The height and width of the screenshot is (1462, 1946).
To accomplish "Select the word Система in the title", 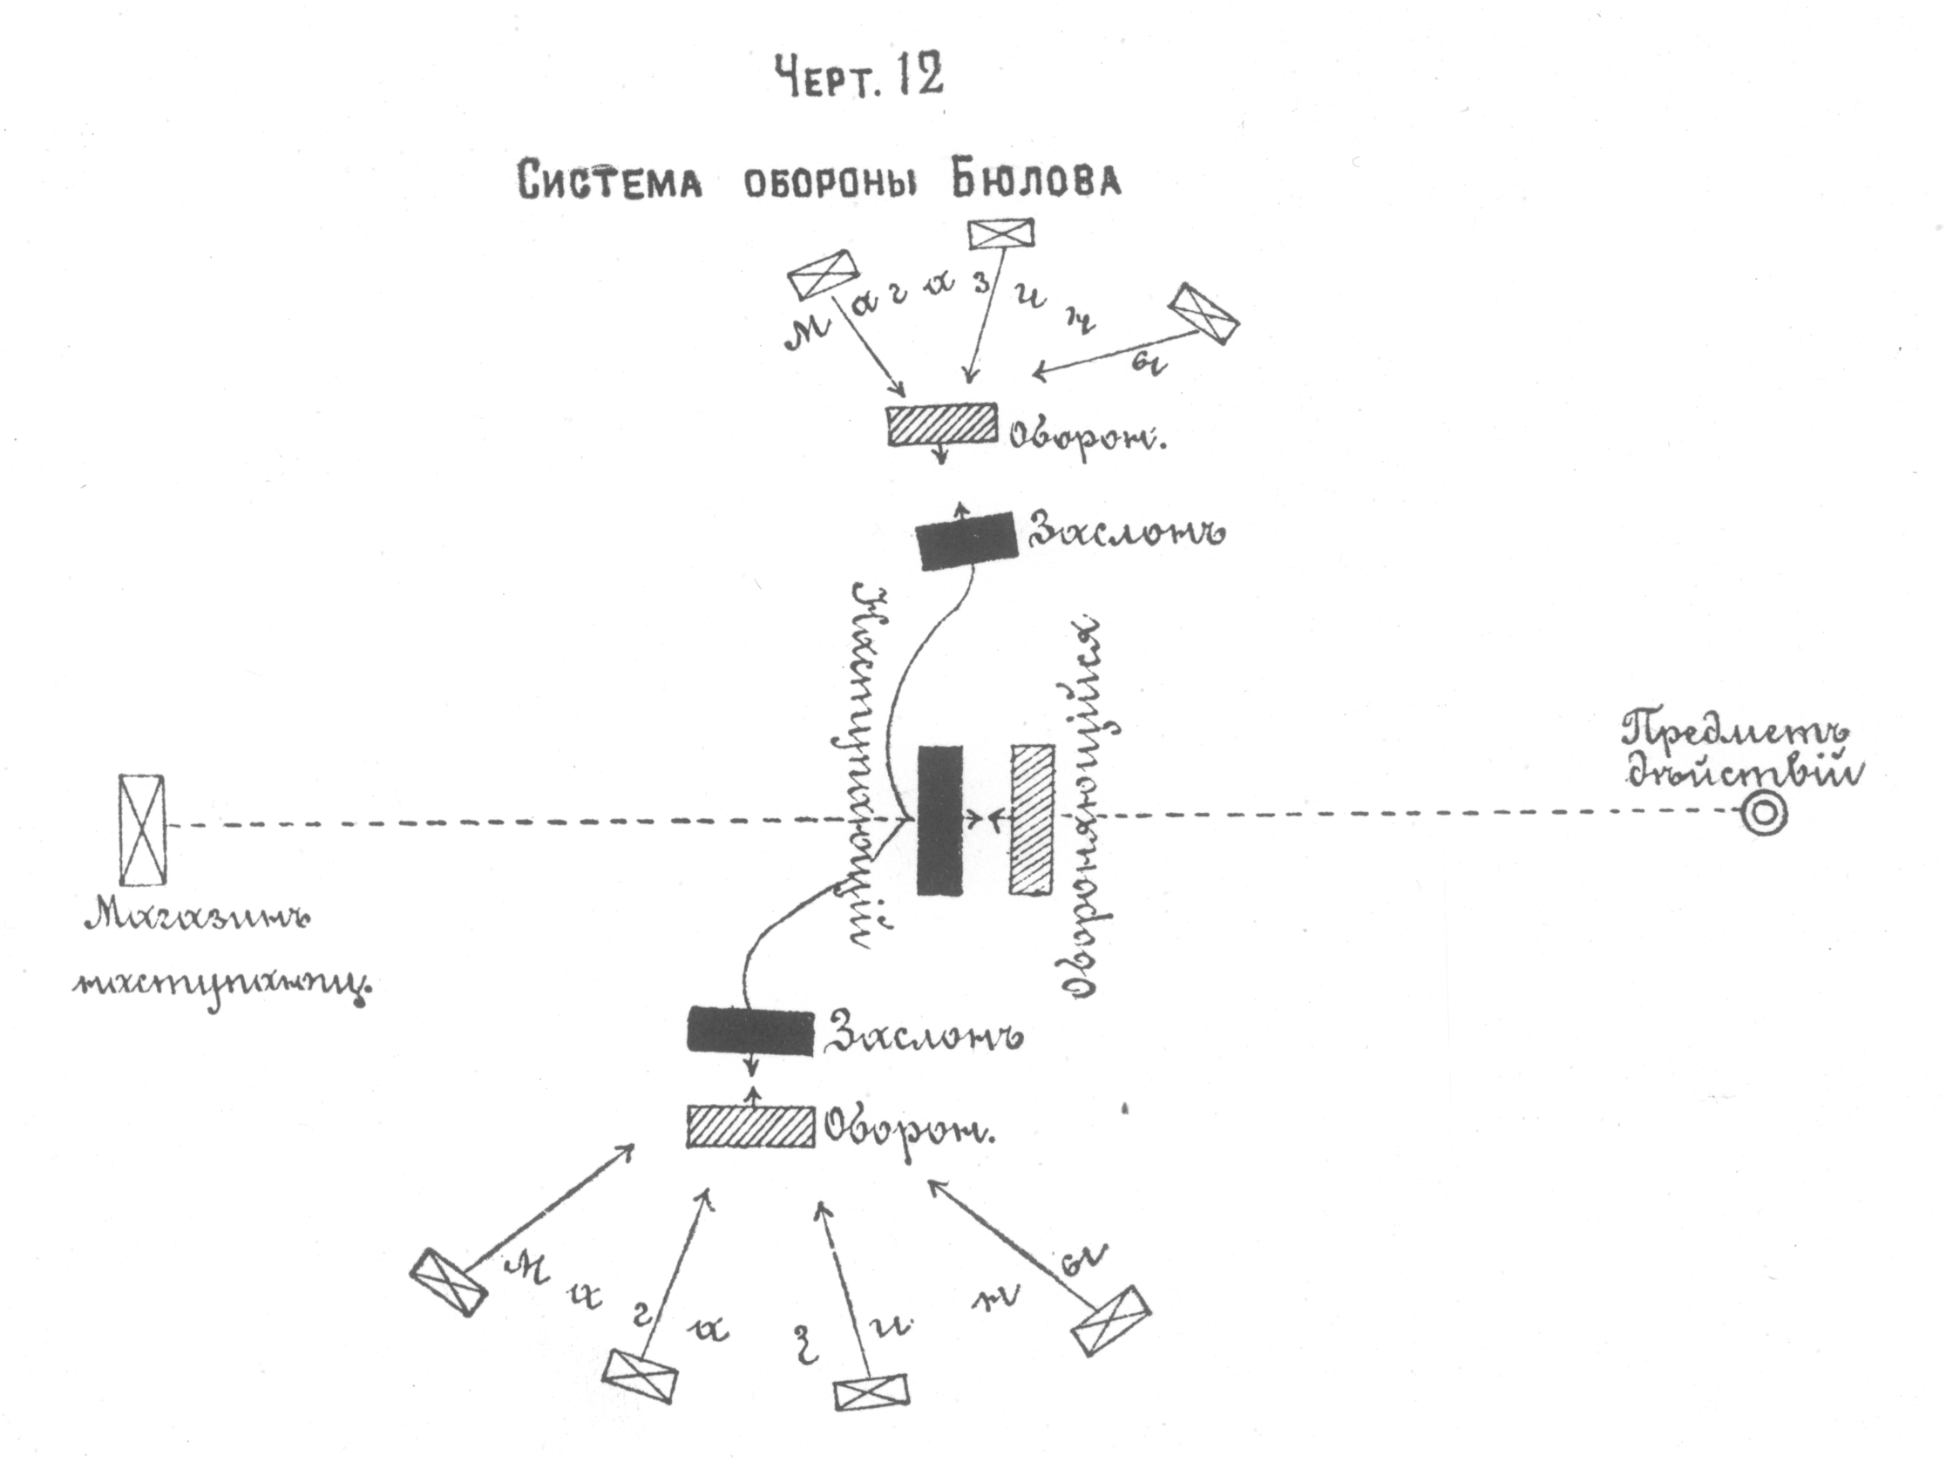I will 610,181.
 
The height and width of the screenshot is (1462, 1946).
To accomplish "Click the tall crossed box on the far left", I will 143,829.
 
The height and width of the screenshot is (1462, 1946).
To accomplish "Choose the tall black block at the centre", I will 939,820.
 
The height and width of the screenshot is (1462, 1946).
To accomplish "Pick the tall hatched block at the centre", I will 1033,820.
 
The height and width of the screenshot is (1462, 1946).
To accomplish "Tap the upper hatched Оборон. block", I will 942,425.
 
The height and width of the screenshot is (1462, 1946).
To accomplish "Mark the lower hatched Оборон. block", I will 750,1127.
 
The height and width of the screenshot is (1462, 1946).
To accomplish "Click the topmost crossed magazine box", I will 1000,234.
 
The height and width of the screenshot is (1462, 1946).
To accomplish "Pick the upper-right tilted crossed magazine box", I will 1204,312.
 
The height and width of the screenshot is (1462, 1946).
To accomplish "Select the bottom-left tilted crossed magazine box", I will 449,1282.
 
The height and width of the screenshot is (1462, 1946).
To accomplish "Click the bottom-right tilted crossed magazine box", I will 1111,1319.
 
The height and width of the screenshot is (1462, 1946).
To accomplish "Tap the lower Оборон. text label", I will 911,1128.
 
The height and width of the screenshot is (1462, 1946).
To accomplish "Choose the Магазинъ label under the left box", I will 198,919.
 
